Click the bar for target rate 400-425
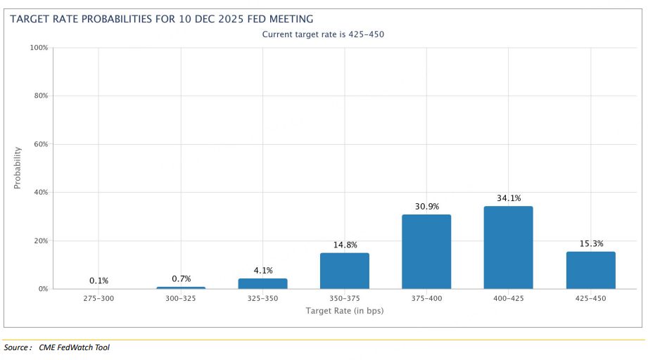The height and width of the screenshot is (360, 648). click(x=508, y=247)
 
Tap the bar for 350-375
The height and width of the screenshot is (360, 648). click(x=345, y=271)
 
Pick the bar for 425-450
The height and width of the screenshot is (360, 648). click(x=590, y=270)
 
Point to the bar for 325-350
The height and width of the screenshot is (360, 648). click(x=262, y=283)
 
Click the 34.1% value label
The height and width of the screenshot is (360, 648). click(x=508, y=198)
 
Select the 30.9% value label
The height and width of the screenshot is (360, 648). click(x=426, y=206)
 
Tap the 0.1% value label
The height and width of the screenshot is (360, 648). click(x=99, y=281)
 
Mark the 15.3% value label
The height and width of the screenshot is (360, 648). click(x=590, y=244)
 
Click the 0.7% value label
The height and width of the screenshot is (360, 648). click(x=181, y=279)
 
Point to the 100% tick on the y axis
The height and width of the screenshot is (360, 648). click(x=38, y=48)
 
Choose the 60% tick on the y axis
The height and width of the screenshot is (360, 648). click(x=39, y=144)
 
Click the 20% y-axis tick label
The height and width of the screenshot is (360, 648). click(x=39, y=240)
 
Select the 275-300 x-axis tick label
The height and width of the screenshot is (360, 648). click(x=99, y=299)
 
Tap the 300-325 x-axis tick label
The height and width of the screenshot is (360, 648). click(x=181, y=299)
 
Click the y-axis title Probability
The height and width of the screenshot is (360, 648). click(x=18, y=168)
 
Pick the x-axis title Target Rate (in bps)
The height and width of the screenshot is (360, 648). click(x=345, y=311)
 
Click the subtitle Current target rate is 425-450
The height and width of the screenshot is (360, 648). click(x=324, y=34)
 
